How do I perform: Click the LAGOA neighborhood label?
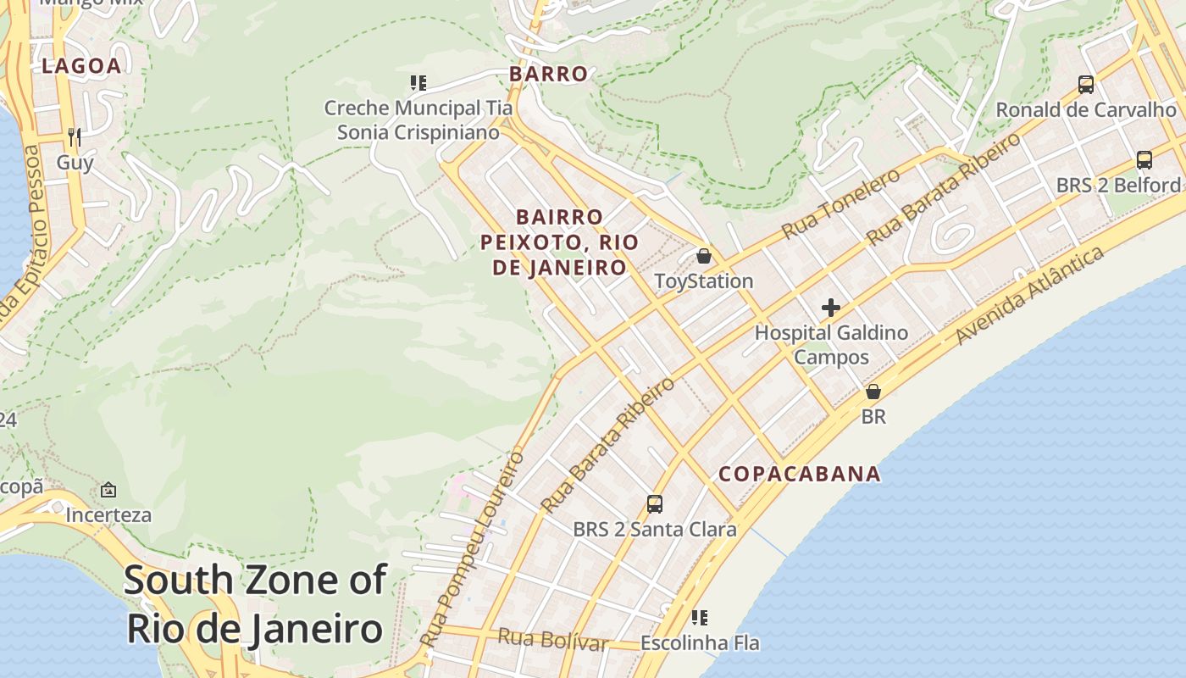(x=81, y=66)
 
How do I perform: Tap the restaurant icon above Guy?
(x=75, y=136)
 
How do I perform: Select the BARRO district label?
(x=548, y=74)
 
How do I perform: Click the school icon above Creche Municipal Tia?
(x=418, y=83)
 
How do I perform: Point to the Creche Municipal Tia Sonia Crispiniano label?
(x=418, y=120)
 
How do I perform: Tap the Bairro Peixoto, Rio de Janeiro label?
(x=559, y=242)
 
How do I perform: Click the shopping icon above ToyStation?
(x=703, y=256)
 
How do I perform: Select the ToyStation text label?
(x=703, y=281)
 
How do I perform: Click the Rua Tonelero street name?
(x=840, y=203)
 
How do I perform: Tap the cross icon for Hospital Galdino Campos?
(x=831, y=308)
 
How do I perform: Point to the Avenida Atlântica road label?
(x=1030, y=295)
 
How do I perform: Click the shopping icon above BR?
(x=873, y=392)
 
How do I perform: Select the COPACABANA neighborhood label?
(x=800, y=474)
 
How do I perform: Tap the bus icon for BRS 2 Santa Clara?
(x=654, y=504)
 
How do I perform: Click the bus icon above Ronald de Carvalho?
(x=1086, y=85)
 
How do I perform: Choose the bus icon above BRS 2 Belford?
(x=1144, y=160)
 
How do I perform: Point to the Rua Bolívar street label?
(x=552, y=640)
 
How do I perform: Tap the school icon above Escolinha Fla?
(x=699, y=618)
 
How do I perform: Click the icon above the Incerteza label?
(x=108, y=490)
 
